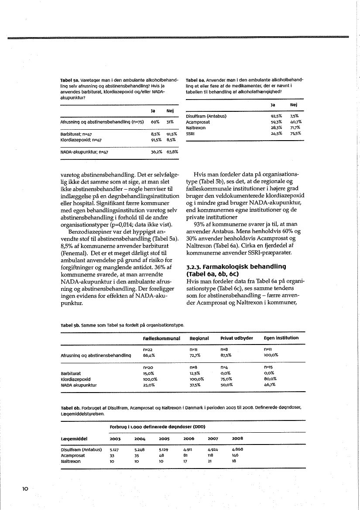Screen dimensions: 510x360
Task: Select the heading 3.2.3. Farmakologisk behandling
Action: coord(236,269)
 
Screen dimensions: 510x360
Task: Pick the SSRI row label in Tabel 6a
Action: coord(190,134)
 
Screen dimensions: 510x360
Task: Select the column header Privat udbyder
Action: coord(237,338)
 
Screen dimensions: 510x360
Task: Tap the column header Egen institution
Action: coord(281,338)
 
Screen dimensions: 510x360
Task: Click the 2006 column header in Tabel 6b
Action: coord(189,438)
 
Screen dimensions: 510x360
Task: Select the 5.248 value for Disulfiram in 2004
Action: coord(140,449)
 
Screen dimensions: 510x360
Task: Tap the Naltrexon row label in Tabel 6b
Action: coord(70,460)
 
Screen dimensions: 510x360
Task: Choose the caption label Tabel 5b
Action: coord(69,325)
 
